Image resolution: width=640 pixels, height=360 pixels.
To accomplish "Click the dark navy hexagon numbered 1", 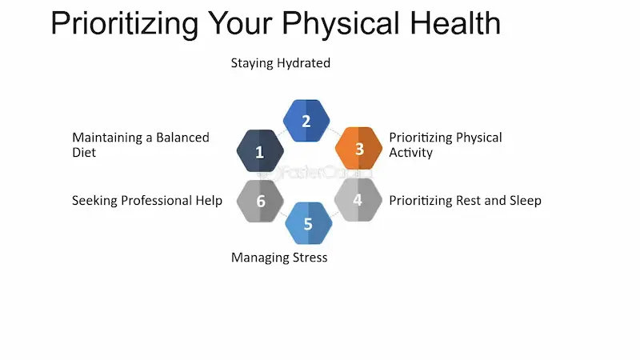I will coord(260,150).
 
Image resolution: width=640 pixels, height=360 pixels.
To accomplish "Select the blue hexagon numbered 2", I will coord(306,121).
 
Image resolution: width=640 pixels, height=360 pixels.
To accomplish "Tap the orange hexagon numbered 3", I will coord(358,149).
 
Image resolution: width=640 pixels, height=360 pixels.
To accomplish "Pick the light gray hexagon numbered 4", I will coord(357,199).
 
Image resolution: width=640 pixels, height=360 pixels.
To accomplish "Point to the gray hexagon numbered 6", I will coord(261,200).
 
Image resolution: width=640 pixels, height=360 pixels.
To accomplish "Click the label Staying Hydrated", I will coord(280,62).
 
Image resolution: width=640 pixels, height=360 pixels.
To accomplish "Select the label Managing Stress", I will coord(279,258).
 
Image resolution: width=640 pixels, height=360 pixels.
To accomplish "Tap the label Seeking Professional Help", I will coord(147,200).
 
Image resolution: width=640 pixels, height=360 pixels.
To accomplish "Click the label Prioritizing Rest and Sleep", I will coord(465,200).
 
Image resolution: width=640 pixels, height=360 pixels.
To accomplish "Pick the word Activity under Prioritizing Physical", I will coord(410,152).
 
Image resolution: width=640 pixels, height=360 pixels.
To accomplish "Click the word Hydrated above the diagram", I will coord(304,62).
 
